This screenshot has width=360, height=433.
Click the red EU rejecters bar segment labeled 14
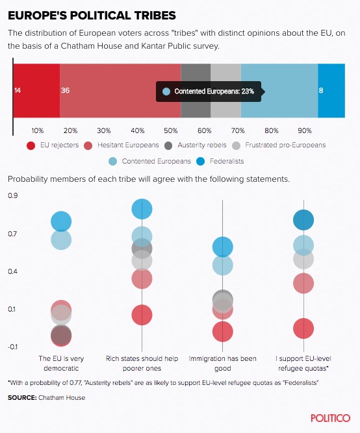click(x=36, y=91)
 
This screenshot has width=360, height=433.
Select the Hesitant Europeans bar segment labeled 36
click(x=120, y=91)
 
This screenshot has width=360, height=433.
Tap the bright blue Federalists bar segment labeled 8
click(x=331, y=91)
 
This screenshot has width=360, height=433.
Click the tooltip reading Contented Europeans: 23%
click(x=209, y=92)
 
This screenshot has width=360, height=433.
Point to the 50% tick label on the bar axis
click(x=171, y=130)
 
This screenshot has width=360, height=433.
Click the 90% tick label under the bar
click(x=304, y=130)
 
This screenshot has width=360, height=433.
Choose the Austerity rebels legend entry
click(x=195, y=145)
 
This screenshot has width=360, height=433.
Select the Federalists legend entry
click(x=220, y=161)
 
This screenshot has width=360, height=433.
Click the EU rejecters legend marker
click(x=31, y=145)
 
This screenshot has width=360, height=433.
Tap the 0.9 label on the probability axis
click(x=13, y=195)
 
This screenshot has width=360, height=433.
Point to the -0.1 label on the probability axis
click(x=12, y=347)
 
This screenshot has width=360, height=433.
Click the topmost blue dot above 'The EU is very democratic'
click(x=61, y=221)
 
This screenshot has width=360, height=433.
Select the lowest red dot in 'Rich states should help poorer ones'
click(x=142, y=315)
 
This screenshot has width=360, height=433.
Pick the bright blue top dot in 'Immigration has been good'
click(x=223, y=247)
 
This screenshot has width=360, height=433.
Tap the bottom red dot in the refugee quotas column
click(x=303, y=328)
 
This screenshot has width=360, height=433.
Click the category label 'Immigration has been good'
click(x=223, y=364)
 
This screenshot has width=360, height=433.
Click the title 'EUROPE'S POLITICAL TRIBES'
click(x=92, y=16)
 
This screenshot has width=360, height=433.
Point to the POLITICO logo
click(x=330, y=418)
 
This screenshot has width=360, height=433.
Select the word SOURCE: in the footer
click(x=22, y=398)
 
